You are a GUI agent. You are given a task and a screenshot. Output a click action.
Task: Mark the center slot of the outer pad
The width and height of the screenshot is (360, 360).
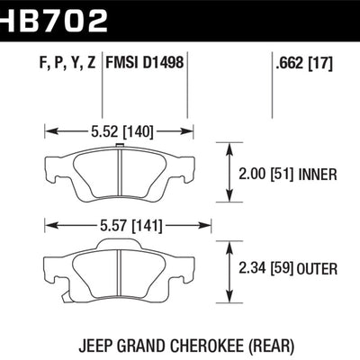pos(120,266)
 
